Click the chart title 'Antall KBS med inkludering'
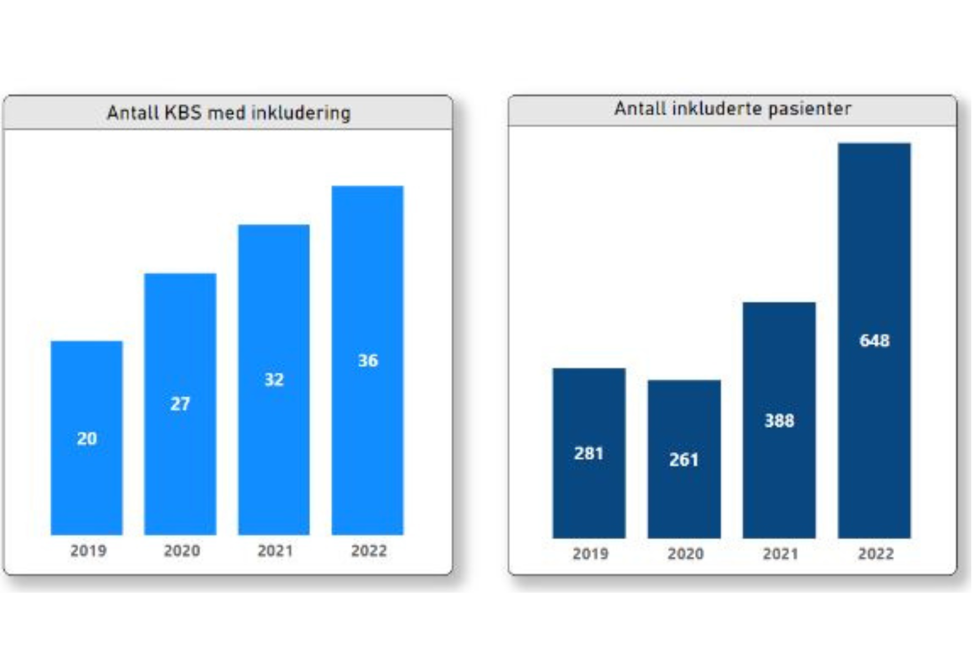(x=228, y=113)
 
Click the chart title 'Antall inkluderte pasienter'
(x=733, y=109)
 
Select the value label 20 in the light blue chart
(x=87, y=439)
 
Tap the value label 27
(x=180, y=404)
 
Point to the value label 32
(x=274, y=379)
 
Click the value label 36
(x=368, y=361)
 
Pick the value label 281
(x=589, y=454)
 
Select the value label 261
(x=684, y=460)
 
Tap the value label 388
(x=779, y=421)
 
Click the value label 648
(x=874, y=341)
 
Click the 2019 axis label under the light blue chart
(x=88, y=551)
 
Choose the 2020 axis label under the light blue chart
(x=182, y=551)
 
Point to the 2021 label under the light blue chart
(x=275, y=551)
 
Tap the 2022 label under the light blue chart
(x=369, y=551)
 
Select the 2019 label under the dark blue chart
(x=591, y=554)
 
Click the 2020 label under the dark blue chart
(x=685, y=554)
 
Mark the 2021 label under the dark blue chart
(x=780, y=554)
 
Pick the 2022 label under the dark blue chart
(x=876, y=554)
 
